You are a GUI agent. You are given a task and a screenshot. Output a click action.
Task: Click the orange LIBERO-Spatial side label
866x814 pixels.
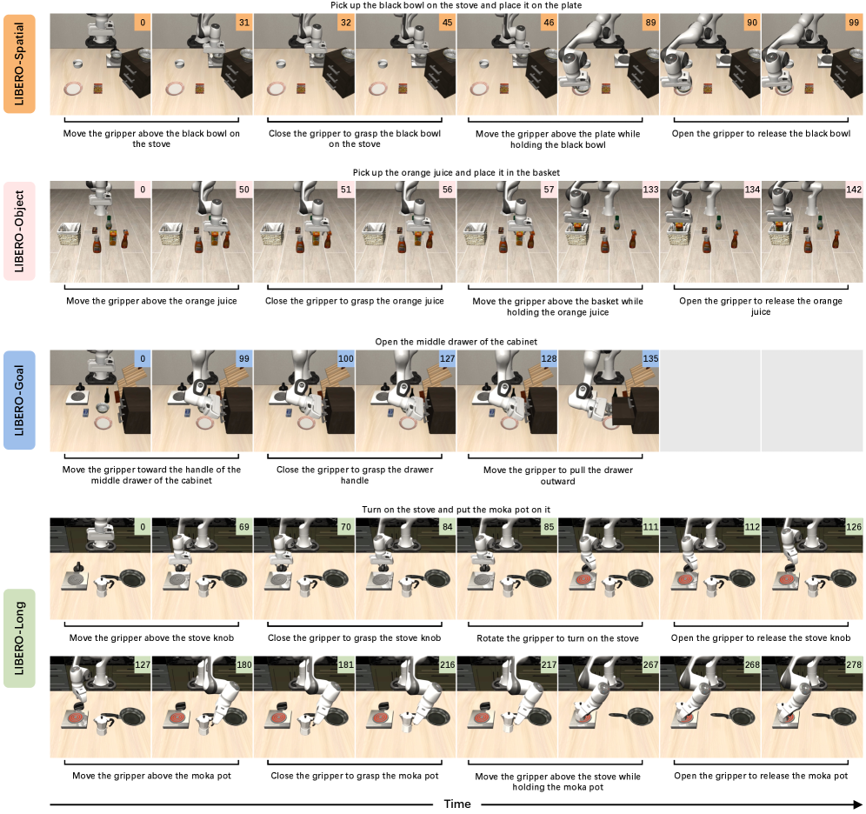tap(19, 64)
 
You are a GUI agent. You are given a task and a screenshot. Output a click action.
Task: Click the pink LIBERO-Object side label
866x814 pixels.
tap(19, 230)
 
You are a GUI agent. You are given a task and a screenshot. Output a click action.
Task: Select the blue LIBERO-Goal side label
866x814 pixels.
tap(19, 400)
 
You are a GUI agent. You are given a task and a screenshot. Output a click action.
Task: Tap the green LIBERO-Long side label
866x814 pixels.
tap(19, 637)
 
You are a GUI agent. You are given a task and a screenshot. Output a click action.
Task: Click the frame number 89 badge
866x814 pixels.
tap(650, 23)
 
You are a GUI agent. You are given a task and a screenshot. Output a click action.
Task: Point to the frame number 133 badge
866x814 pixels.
tap(650, 190)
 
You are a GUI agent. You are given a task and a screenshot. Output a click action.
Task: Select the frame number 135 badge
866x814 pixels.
tap(650, 358)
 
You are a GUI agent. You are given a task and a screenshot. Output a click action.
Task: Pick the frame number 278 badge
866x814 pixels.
tap(854, 664)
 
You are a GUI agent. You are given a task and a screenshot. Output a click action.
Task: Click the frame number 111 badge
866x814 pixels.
tap(650, 527)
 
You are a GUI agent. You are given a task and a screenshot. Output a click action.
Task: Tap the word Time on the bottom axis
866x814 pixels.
tap(457, 804)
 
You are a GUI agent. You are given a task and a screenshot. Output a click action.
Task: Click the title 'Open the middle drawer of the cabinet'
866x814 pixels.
tap(456, 342)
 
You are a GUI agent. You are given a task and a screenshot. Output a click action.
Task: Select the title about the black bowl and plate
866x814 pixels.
tap(456, 5)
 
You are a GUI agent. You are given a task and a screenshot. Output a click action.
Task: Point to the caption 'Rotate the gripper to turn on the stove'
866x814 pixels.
tap(558, 638)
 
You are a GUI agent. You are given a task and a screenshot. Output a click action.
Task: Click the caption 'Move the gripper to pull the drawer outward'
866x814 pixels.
tap(558, 476)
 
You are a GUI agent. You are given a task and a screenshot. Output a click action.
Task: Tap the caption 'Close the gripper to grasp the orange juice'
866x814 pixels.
tap(355, 301)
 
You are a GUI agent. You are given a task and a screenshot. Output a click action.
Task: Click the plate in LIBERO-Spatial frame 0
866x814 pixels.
tap(73, 89)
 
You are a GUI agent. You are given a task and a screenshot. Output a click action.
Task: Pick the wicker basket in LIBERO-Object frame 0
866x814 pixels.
tap(70, 234)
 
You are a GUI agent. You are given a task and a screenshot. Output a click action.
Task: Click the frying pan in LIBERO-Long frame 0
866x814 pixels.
tap(130, 577)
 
